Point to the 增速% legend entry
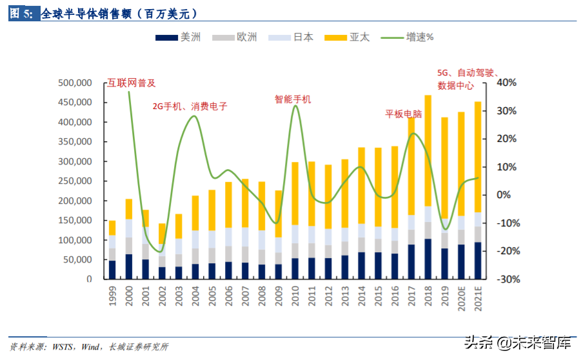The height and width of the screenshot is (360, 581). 420,37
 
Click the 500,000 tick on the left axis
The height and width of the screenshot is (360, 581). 75,83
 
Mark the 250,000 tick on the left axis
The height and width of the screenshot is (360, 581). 75,181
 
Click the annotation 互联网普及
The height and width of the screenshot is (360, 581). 132,83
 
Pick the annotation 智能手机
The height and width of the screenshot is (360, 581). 293,99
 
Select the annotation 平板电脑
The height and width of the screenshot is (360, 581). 404,114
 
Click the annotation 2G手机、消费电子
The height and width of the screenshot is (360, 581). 190,106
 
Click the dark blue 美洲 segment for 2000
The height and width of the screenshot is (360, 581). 129,266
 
